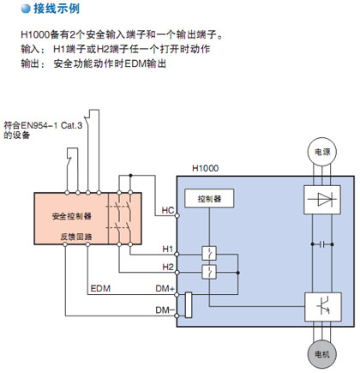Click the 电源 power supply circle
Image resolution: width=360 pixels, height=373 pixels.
point(321,152)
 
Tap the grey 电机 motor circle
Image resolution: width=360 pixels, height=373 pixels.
point(321,354)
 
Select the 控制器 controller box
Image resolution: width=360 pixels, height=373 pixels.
point(209,198)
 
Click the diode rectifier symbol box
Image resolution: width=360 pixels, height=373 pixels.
point(322,200)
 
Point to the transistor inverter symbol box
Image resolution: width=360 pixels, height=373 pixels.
point(323,307)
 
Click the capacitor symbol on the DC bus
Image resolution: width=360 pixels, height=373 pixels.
point(322,244)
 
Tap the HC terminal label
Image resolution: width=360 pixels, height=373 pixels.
point(168,210)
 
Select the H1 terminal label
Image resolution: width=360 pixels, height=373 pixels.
point(168,249)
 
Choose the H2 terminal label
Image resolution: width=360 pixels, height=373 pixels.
point(168,267)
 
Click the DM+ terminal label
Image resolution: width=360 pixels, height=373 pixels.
point(165,288)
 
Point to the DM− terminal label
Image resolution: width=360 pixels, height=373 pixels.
point(165,310)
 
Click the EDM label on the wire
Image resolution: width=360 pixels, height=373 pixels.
point(100,288)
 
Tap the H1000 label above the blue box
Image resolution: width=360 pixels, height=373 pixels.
point(205,168)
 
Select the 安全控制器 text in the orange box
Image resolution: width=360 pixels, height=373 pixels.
point(72,216)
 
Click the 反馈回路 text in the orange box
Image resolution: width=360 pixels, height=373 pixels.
point(76,237)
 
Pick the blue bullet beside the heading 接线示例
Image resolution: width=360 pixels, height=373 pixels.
point(26,9)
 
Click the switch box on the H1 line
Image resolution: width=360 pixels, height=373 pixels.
point(209,253)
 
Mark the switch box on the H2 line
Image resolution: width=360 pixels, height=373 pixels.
point(209,272)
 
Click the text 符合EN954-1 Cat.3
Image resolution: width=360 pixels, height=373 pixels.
point(43,125)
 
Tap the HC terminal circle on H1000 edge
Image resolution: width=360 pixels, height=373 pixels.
point(177,215)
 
